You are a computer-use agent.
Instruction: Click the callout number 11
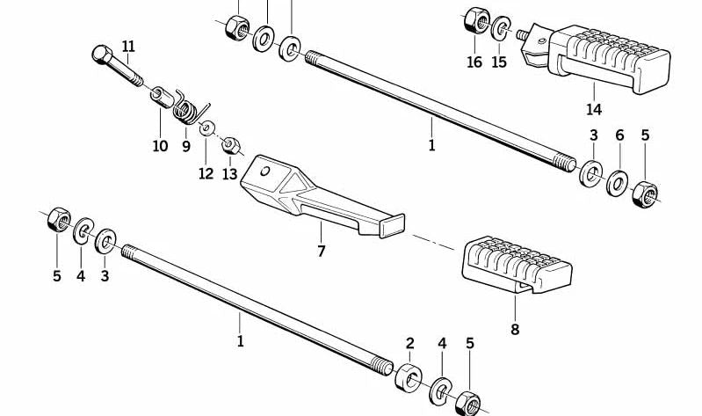(129, 46)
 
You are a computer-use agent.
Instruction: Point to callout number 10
(160, 146)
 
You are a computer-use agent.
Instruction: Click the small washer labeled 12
(206, 128)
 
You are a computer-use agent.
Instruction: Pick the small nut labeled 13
(231, 143)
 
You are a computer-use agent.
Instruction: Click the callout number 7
(322, 252)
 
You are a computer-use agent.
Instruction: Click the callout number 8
(515, 329)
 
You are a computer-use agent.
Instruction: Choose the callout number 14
(594, 109)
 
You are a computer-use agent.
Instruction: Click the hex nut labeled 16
(474, 20)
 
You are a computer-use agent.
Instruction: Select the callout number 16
(474, 62)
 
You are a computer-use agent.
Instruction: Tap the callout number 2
(409, 342)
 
